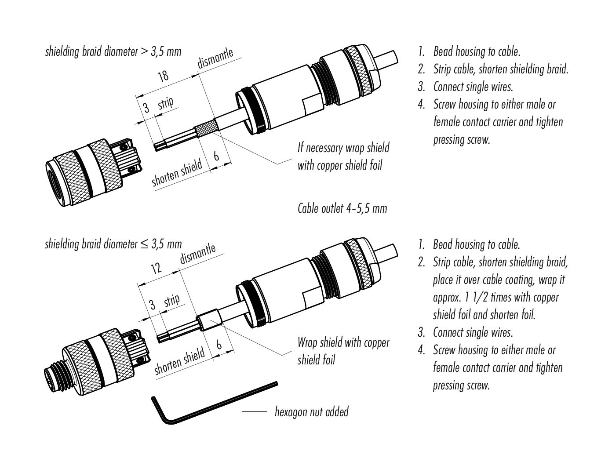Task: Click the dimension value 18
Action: [x=163, y=76]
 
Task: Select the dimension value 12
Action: [x=156, y=268]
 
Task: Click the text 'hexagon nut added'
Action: [x=311, y=412]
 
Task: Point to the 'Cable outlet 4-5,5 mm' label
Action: [x=342, y=208]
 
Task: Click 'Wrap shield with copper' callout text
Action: [x=343, y=342]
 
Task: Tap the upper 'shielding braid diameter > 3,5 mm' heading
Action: [x=113, y=51]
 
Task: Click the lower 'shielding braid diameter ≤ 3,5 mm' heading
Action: [x=113, y=244]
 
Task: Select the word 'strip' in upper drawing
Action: [x=166, y=103]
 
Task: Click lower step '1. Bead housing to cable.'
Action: [x=469, y=244]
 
